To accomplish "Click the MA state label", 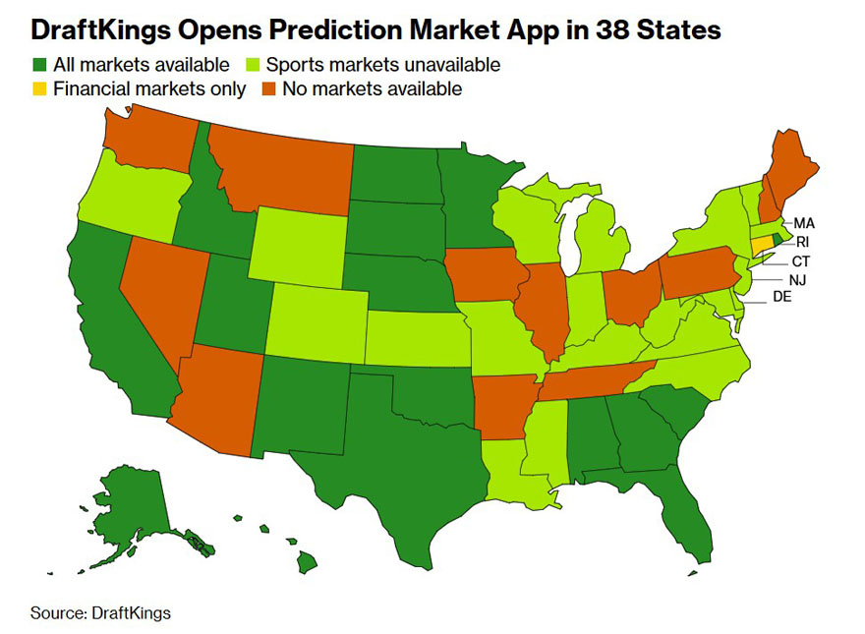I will coord(804,223).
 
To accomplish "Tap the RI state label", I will coord(802,242).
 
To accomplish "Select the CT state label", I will coord(802,261).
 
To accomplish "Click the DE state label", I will coord(781,296).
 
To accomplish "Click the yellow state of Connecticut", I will coord(762,244).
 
